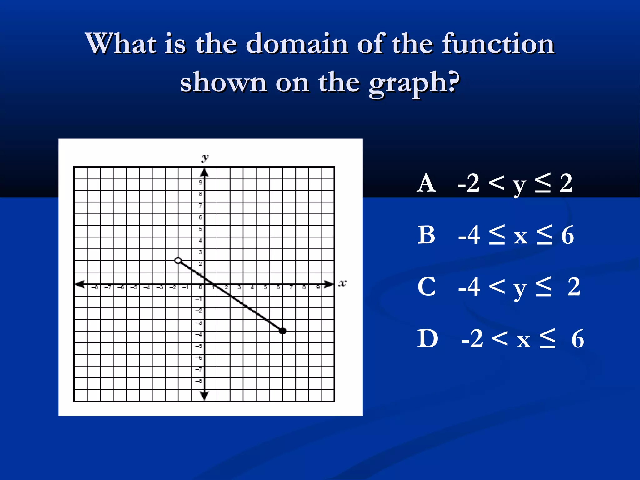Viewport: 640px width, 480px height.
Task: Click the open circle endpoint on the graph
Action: [178, 260]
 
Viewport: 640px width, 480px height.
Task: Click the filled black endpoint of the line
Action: [282, 331]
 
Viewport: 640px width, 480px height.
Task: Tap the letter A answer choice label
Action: [426, 183]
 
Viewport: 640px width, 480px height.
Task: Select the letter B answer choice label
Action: [426, 235]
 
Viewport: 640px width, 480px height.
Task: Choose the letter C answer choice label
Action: [427, 287]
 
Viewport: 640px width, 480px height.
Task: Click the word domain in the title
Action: [297, 44]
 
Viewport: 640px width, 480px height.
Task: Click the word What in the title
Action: [121, 44]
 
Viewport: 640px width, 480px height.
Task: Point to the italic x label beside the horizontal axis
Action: [342, 283]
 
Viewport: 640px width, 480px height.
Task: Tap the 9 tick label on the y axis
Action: [200, 182]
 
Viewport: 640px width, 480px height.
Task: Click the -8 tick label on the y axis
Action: [199, 381]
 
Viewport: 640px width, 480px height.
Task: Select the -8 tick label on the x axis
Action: [96, 287]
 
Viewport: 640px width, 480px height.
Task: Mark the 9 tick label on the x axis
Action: [318, 287]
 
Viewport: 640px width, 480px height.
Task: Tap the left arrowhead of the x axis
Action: [80, 284]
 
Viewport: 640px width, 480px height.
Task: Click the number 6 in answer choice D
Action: [577, 339]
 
